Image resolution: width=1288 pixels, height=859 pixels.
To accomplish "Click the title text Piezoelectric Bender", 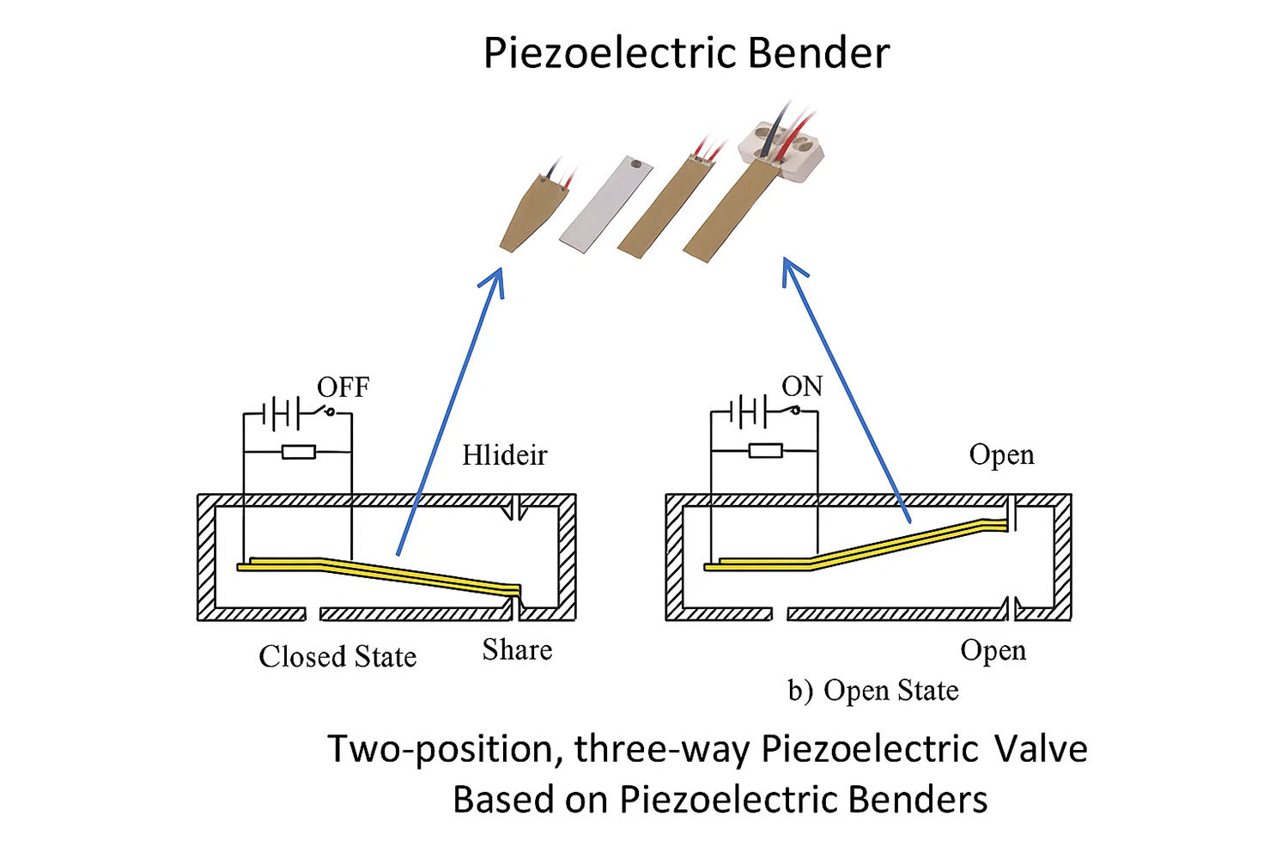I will click(686, 53).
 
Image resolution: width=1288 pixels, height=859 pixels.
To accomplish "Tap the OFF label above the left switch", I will click(343, 387).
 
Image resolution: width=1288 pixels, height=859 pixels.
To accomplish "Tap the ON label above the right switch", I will click(802, 387).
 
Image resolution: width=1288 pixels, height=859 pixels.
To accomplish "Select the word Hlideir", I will click(504, 454).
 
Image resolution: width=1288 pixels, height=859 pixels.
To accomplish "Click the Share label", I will click(517, 649).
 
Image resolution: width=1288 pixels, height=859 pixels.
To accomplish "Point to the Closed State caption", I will click(337, 657).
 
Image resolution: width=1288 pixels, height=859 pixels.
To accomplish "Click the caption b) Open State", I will click(873, 691).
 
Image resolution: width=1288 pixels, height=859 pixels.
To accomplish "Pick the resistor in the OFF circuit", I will click(298, 451).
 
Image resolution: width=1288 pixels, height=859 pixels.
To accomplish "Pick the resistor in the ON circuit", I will click(765, 450).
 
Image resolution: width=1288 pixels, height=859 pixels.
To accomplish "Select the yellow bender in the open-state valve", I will click(859, 550).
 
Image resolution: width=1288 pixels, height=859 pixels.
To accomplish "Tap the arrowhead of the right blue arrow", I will click(790, 270).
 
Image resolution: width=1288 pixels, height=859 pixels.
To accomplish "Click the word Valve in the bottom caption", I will click(1041, 749).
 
